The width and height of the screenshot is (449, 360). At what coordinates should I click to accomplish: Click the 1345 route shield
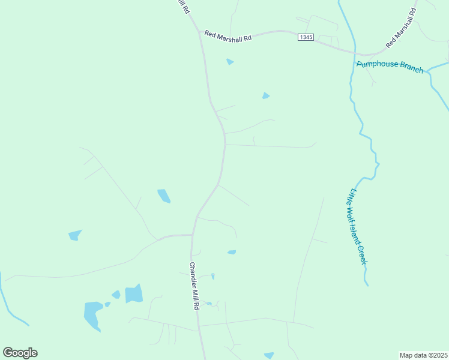click(x=306, y=37)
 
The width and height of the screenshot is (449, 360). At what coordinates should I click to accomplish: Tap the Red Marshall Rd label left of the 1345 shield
click(x=228, y=35)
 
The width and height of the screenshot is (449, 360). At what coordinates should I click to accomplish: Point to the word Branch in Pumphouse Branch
click(x=411, y=68)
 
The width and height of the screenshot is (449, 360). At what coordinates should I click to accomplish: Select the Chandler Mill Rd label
click(x=194, y=285)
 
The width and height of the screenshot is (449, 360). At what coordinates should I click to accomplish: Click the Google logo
click(x=20, y=353)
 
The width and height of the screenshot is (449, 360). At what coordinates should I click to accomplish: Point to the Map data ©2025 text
click(x=423, y=355)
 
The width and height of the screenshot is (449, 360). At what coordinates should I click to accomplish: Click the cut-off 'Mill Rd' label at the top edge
click(x=184, y=7)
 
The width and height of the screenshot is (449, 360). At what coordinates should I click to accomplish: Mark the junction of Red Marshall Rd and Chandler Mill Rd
click(x=200, y=34)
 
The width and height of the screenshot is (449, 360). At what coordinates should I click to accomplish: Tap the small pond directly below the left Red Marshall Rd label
click(x=230, y=62)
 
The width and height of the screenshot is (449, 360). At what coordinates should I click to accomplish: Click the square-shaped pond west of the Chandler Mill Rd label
click(x=134, y=293)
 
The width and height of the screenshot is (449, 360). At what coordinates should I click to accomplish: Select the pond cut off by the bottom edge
click(x=269, y=356)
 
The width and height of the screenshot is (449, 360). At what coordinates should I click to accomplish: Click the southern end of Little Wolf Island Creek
click(x=366, y=284)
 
